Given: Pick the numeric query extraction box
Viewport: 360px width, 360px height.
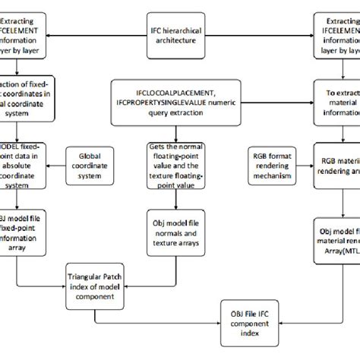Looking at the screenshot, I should tap(180, 97).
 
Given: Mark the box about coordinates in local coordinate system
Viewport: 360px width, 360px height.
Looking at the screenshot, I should tap(26, 97).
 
